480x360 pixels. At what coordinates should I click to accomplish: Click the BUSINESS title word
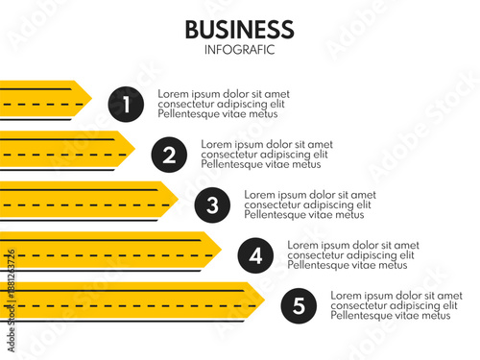click(x=239, y=29)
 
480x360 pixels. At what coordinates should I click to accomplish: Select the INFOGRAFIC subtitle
click(x=239, y=50)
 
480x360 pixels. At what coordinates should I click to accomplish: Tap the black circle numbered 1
click(x=126, y=104)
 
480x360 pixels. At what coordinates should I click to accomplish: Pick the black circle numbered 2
click(x=169, y=154)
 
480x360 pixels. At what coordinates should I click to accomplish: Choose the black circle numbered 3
click(x=212, y=204)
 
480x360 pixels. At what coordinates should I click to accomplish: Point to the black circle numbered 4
click(x=254, y=255)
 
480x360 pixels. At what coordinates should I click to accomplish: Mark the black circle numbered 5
click(x=299, y=306)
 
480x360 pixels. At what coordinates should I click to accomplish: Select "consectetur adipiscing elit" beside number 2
click(x=264, y=154)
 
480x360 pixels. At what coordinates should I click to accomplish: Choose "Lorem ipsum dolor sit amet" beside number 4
click(x=353, y=245)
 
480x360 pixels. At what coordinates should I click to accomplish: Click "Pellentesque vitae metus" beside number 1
click(x=217, y=114)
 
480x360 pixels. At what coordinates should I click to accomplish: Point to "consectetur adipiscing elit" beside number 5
click(x=395, y=306)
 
